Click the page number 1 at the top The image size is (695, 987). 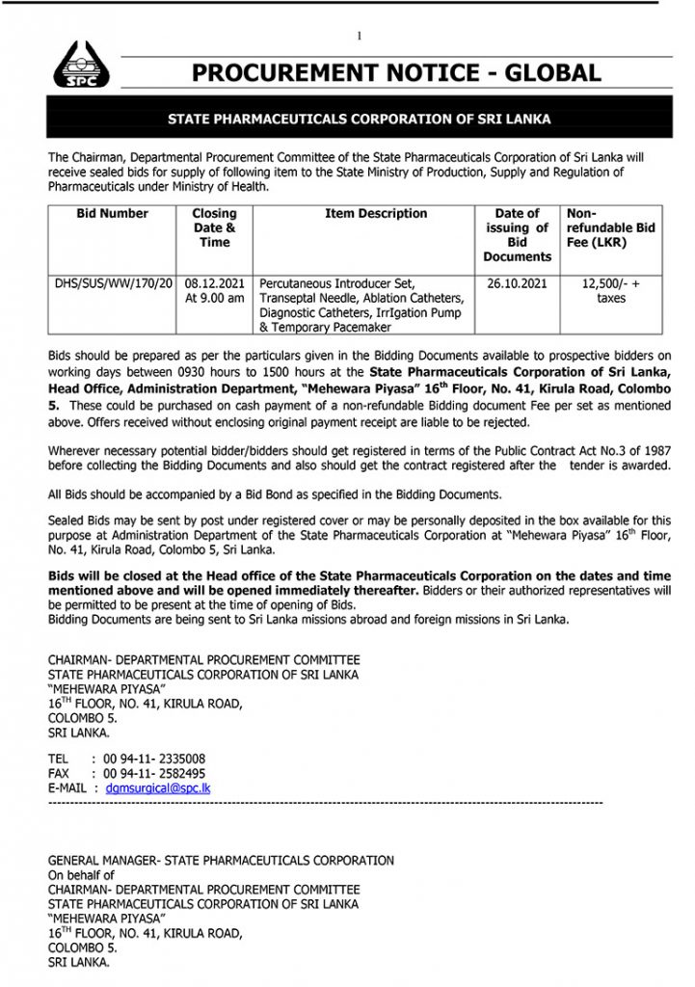[x=359, y=37]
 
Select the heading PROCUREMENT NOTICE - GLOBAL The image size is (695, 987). [x=395, y=73]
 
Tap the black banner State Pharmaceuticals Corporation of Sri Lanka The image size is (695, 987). [x=360, y=120]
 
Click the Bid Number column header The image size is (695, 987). [x=113, y=214]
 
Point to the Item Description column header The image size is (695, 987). [x=376, y=214]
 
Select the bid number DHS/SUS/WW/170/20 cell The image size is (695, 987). [x=115, y=283]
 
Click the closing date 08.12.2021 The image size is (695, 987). [x=214, y=283]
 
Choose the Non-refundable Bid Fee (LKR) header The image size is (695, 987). [x=610, y=228]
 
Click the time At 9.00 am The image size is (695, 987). [x=214, y=299]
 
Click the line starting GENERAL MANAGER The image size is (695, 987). [x=221, y=861]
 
